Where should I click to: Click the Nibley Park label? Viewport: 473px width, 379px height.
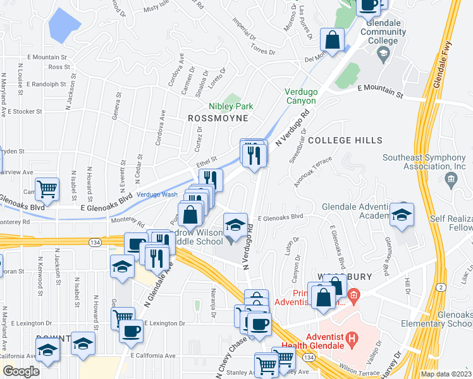(231, 106)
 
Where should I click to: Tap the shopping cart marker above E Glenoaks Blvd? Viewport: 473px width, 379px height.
(47, 189)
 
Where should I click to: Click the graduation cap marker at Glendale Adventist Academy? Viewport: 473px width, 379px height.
(402, 215)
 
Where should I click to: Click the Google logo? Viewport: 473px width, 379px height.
(21, 371)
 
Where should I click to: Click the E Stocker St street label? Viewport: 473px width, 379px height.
(21, 111)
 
